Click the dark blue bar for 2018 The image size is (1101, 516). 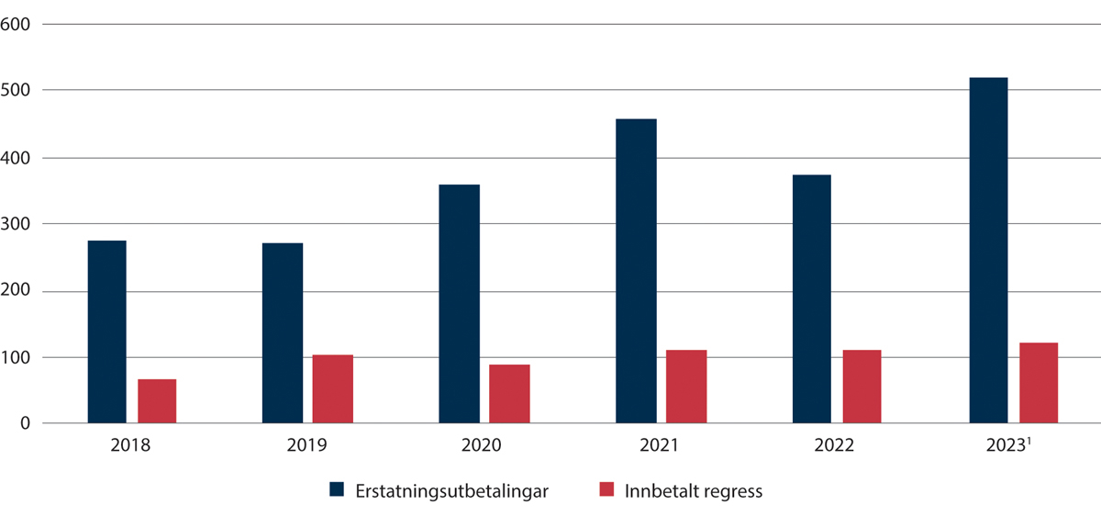pos(106,331)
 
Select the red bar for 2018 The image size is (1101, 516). pos(157,401)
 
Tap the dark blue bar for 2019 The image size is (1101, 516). pos(283,333)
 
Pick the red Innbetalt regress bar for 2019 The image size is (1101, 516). pos(332,388)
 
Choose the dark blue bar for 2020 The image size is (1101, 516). pos(459,304)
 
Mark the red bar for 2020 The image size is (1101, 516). pos(509,394)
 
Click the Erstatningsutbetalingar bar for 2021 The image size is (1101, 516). pos(637,271)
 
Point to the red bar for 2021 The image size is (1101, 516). pos(686,387)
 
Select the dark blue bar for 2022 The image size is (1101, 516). pos(811,299)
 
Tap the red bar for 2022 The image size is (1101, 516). pos(862,387)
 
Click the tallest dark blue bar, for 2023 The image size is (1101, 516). pos(988,251)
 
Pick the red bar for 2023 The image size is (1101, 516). pos(1039,383)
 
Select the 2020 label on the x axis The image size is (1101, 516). pos(482,447)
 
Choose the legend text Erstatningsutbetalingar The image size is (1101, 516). pos(451,491)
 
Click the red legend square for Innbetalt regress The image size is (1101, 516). pos(606,491)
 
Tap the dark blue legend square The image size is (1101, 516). pos(337,491)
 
